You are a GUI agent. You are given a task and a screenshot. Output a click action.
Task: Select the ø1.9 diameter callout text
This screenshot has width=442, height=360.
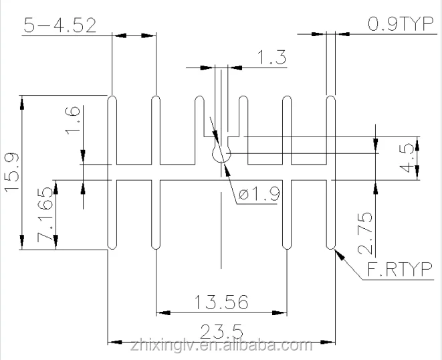click(258, 195)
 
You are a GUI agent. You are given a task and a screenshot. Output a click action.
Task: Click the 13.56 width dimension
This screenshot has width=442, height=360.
click(223, 302)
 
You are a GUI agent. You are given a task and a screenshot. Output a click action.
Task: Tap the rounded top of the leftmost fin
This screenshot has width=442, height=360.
click(112, 98)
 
